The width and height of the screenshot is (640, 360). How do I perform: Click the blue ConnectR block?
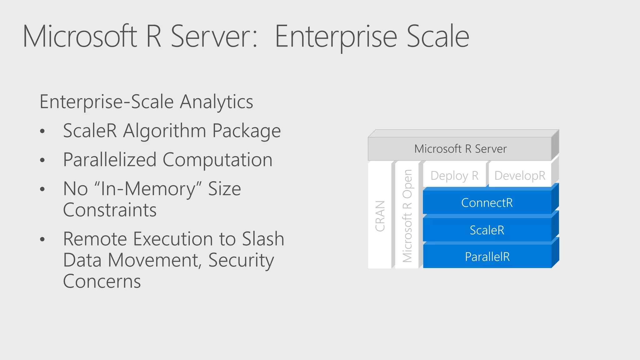(487, 202)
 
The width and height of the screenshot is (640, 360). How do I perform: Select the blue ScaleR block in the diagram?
(487, 230)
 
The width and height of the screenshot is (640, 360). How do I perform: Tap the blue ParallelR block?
(487, 257)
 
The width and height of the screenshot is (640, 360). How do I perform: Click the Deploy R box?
(454, 176)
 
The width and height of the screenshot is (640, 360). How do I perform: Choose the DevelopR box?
(520, 176)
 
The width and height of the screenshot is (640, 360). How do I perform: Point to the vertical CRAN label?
(380, 216)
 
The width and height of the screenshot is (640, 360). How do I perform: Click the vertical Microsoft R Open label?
(407, 216)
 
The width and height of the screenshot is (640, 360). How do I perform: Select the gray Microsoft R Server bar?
(460, 149)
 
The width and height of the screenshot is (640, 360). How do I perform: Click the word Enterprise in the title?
(336, 37)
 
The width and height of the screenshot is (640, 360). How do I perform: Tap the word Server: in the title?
(214, 37)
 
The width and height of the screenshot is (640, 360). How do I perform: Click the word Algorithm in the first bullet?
(164, 131)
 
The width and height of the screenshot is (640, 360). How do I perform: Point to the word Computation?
(217, 160)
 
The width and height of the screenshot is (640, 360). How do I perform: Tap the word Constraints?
(110, 210)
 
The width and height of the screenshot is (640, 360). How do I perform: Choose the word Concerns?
(102, 281)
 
